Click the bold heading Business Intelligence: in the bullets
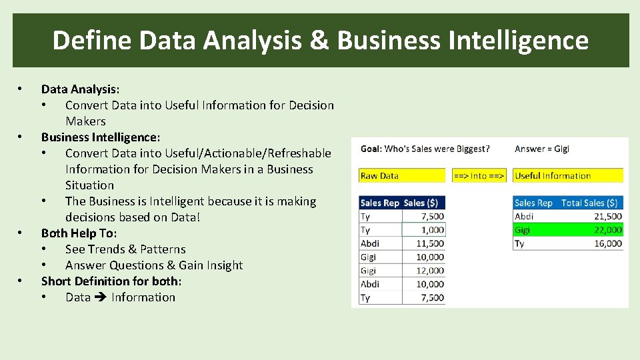point(101,137)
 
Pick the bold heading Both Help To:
point(79,233)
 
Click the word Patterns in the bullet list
point(163,249)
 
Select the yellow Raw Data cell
point(401,176)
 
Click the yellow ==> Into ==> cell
point(479,176)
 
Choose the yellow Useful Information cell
point(568,176)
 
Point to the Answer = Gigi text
point(542,149)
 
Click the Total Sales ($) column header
point(589,203)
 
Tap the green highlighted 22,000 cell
point(606,230)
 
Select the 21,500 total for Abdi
point(606,216)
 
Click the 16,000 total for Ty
point(606,243)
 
